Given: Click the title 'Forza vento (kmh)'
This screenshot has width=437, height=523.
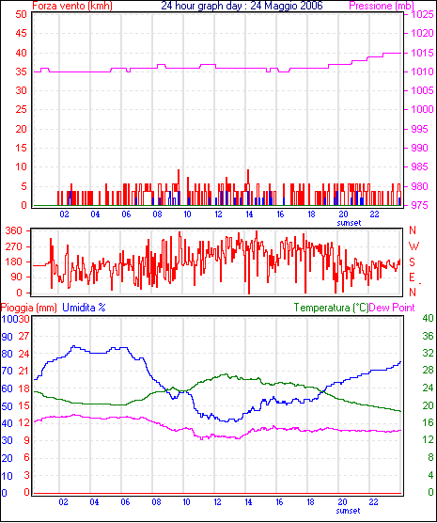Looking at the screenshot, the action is [x=72, y=6].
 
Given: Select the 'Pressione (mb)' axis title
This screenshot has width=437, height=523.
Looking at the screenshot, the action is [x=382, y=6].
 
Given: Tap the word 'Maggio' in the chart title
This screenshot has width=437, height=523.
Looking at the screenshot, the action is [x=279, y=6].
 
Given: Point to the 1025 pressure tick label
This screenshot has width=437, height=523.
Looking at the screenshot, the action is [x=422, y=14].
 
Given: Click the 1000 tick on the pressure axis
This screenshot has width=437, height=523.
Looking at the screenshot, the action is [x=422, y=109].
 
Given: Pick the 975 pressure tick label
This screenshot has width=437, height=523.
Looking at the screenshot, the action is [x=420, y=205].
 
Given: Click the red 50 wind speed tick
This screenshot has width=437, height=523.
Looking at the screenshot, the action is [x=21, y=14].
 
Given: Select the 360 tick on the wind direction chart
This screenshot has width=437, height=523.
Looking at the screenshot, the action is [x=14, y=230].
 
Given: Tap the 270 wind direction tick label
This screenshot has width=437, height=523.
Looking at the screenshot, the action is [x=14, y=246].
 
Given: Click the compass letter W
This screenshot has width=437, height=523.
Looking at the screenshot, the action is [x=414, y=246].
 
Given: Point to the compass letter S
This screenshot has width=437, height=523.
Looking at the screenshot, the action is [x=413, y=262].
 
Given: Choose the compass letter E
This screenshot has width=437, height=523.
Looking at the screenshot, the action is [x=413, y=277].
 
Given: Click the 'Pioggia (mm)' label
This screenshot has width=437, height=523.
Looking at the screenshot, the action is [x=29, y=308].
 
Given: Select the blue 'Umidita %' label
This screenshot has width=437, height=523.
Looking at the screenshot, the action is [x=84, y=308].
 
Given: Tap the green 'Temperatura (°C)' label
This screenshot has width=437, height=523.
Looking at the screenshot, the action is [x=332, y=308].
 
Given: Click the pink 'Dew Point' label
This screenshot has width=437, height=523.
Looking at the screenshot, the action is [x=392, y=308].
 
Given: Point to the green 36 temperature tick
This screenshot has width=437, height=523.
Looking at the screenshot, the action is [x=428, y=336].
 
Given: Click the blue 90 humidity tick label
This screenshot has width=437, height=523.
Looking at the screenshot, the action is [x=7, y=337].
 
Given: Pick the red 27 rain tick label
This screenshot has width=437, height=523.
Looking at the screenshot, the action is [x=23, y=336].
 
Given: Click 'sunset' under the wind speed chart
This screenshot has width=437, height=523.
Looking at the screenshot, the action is [x=349, y=223].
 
